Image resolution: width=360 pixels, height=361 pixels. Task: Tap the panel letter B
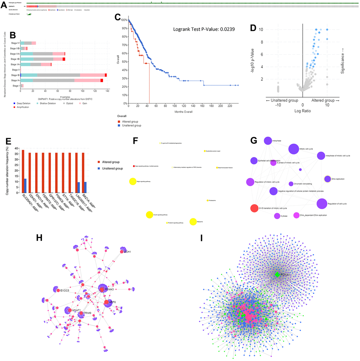[x=12, y=35]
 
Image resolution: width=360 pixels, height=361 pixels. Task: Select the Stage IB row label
[x=15, y=75]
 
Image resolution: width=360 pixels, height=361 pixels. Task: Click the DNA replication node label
[x=338, y=179]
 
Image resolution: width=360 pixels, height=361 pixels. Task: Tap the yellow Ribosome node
[x=193, y=222]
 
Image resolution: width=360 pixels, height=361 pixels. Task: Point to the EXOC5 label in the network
[x=66, y=290]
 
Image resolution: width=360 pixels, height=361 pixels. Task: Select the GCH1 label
[x=127, y=252]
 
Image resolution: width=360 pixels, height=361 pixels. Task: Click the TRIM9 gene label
[x=87, y=313]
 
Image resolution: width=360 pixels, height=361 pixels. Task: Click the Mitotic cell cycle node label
[x=306, y=149]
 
